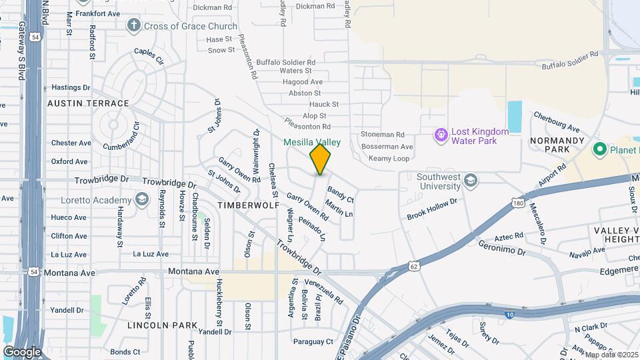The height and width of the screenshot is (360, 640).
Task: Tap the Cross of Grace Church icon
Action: click(x=134, y=26)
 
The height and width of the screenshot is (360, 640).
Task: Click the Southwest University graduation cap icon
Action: click(x=471, y=181)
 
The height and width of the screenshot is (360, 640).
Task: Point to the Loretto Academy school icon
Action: click(x=142, y=200)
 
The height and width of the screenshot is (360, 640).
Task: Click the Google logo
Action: click(x=22, y=351)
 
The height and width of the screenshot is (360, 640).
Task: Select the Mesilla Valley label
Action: click(x=312, y=142)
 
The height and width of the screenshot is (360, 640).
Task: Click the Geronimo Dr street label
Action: click(x=502, y=249)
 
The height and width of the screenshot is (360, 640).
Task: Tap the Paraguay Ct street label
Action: click(x=313, y=342)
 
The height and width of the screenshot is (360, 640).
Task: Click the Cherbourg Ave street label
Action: click(x=556, y=123)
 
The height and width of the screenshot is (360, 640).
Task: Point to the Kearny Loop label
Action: click(x=385, y=159)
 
